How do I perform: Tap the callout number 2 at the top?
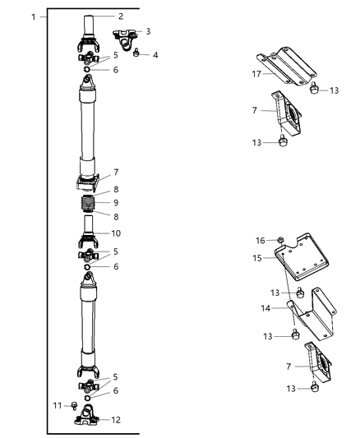pos(120,16)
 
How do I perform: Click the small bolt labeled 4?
pos(136,54)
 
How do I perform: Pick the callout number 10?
pos(116,233)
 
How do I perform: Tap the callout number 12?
pos(116,419)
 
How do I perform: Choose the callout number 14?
pos(265,307)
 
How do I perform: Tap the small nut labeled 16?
pos(279,241)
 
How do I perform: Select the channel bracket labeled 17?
pos(284,63)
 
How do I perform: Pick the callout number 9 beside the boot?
pos(116,202)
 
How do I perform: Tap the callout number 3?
pos(148,31)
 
